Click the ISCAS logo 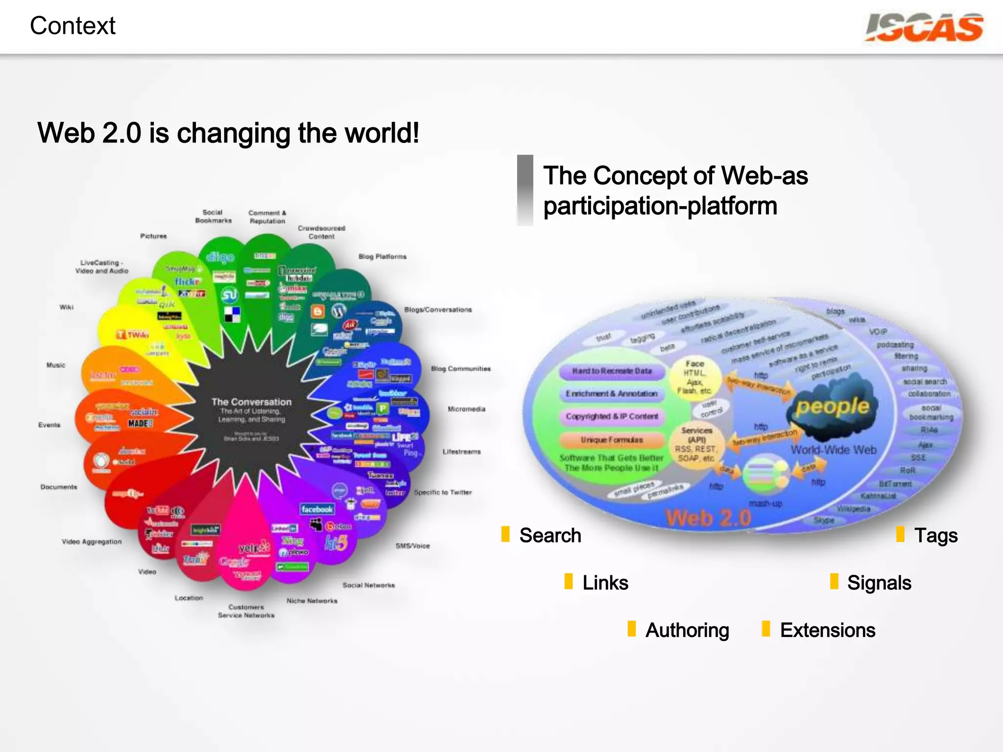tap(924, 27)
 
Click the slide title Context tap(72, 25)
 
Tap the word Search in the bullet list tap(550, 536)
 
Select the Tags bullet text tap(935, 536)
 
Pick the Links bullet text tap(605, 583)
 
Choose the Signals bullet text tap(879, 583)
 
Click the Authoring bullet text tap(687, 631)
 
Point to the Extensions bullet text tap(828, 631)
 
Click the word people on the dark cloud tap(832, 406)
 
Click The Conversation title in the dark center tap(251, 402)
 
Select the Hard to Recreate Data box tap(612, 371)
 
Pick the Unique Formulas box tap(612, 440)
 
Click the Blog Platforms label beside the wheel tap(382, 257)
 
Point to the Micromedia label tap(466, 409)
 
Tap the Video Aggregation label tap(92, 541)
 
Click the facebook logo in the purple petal tap(317, 509)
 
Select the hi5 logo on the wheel tap(336, 542)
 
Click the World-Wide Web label tap(833, 450)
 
